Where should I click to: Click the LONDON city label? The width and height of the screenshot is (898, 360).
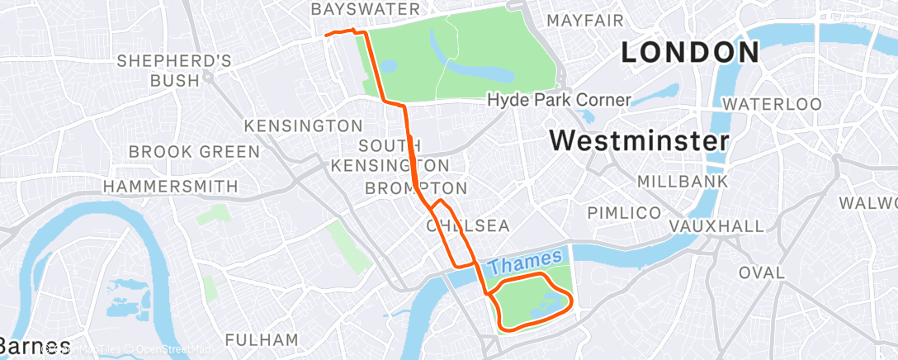click(690, 53)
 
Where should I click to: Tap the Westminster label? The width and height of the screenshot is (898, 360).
click(640, 140)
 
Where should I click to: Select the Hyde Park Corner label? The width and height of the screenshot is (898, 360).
click(559, 100)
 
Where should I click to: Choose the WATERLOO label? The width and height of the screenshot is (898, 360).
click(773, 105)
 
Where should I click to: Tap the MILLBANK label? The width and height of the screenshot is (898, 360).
click(683, 181)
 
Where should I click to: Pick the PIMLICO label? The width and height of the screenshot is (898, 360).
click(624, 213)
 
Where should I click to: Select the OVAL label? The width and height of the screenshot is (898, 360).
click(762, 272)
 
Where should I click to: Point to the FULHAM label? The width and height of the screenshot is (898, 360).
click(262, 339)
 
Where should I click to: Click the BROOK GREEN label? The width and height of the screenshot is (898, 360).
click(195, 152)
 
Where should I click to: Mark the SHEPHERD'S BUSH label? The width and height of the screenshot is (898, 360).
click(174, 70)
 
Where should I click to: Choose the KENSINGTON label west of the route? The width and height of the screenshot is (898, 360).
click(304, 126)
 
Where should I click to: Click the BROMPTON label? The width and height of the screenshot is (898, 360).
click(416, 188)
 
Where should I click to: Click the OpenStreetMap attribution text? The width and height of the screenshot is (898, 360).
click(173, 350)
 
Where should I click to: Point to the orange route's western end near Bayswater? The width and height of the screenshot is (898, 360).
click(328, 35)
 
